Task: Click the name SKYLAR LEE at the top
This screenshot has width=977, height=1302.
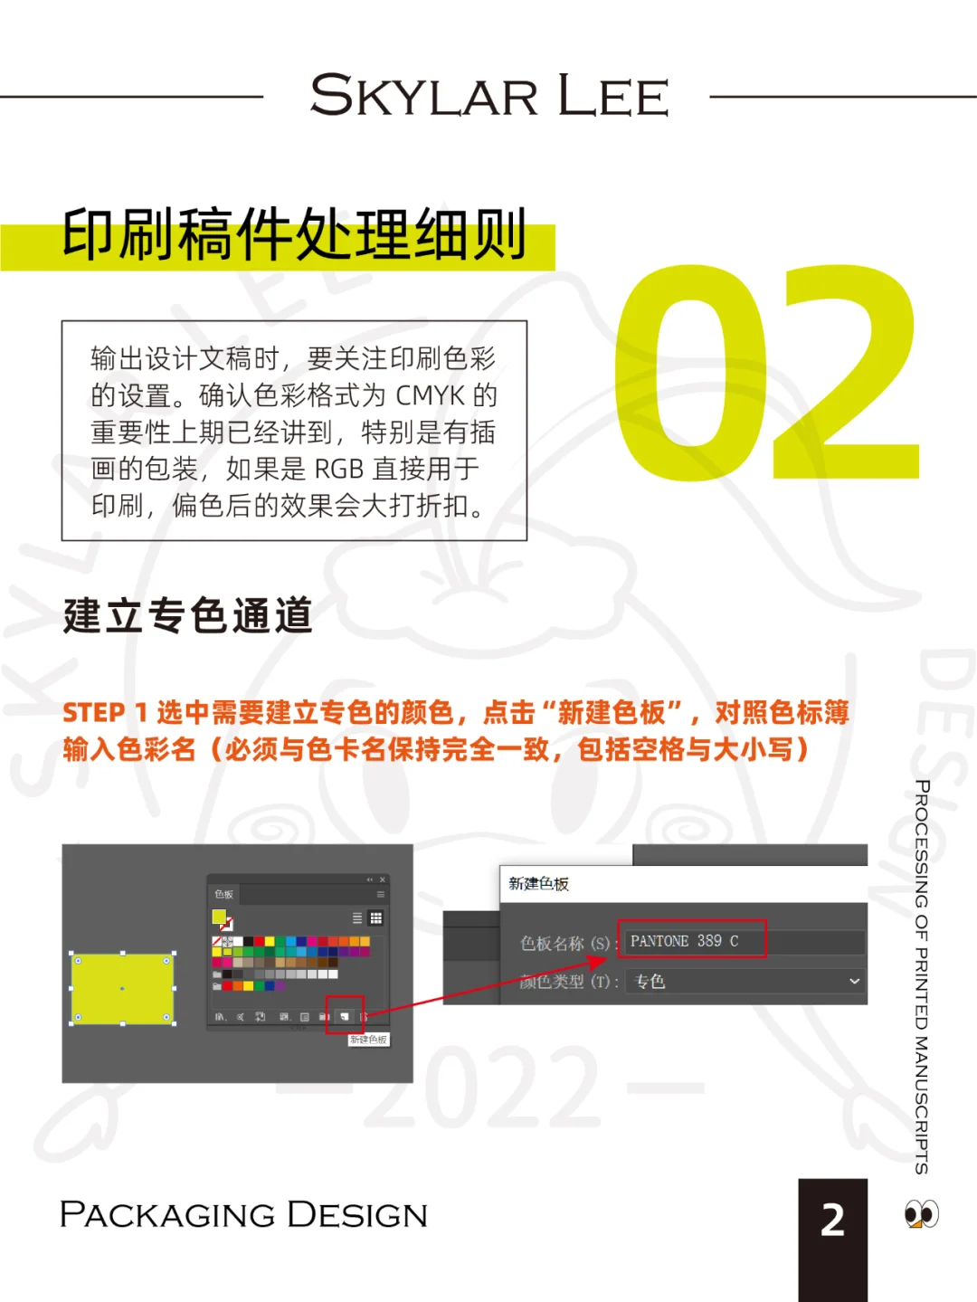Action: click(488, 96)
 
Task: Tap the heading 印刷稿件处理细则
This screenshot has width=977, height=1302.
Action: click(294, 235)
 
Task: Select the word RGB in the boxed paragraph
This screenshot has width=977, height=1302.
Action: click(338, 469)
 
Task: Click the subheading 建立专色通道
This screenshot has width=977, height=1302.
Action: click(188, 615)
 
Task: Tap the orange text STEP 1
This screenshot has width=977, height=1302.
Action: click(104, 713)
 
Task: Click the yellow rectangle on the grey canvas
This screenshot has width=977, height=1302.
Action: click(122, 988)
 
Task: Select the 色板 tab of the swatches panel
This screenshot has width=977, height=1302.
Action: click(223, 894)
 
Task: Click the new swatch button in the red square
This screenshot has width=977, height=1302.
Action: click(345, 1016)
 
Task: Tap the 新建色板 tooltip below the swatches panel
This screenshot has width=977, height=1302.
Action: click(368, 1040)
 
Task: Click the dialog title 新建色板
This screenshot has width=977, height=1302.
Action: click(538, 884)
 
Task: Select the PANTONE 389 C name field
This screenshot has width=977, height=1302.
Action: click(693, 941)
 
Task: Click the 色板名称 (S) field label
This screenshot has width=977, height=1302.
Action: click(564, 943)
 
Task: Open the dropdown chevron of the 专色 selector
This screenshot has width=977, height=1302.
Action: click(854, 981)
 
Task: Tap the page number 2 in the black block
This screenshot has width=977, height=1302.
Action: click(832, 1221)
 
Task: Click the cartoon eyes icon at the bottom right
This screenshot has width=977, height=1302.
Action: click(921, 1213)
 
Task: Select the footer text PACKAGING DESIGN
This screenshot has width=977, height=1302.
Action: click(243, 1215)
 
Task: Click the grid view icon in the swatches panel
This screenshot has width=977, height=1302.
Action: click(375, 918)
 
